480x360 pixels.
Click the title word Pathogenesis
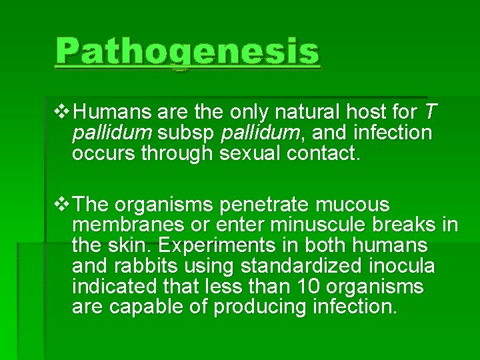click(187, 52)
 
